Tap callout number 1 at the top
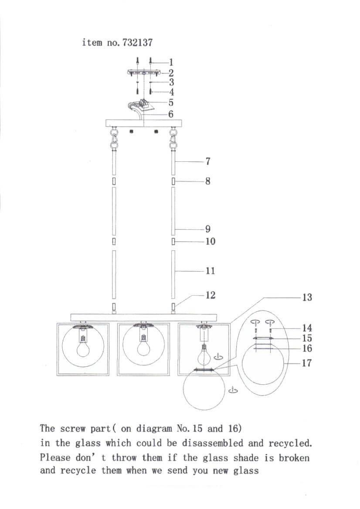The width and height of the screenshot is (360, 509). tap(171, 62)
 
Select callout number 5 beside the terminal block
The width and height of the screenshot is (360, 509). tap(171, 103)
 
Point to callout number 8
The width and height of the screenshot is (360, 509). tap(207, 181)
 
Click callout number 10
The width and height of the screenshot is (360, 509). tap(210, 241)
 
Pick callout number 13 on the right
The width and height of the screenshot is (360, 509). tap(307, 297)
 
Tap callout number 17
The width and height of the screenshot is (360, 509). tap(307, 362)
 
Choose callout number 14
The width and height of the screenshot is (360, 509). tap(307, 328)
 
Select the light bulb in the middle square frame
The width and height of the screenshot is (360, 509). tap(142, 347)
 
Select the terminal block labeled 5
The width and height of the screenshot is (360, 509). tap(144, 104)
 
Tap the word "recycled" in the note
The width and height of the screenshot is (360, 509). tap(291, 444)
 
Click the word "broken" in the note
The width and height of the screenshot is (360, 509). tap(293, 458)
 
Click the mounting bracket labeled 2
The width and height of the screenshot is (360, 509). tap(144, 72)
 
